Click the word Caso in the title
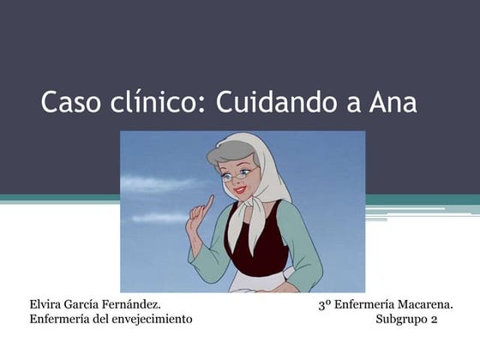[x=70, y=102]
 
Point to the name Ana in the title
[x=393, y=103]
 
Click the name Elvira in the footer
[x=45, y=304]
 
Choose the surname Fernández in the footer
[x=131, y=304]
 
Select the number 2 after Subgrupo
[x=434, y=320]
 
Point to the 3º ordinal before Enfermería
[x=325, y=305]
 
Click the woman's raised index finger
[x=209, y=203]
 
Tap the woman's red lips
[x=239, y=191]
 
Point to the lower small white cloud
[x=159, y=218]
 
